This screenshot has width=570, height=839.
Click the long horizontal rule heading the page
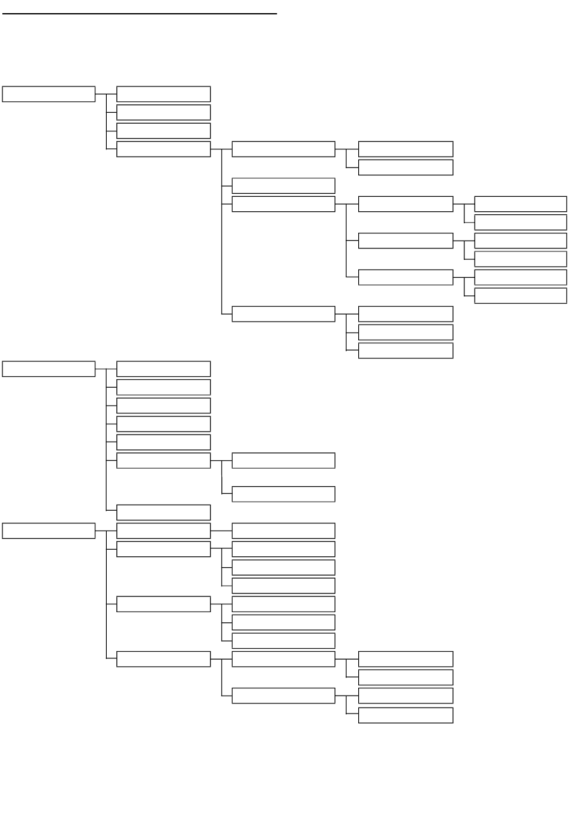(x=139, y=13)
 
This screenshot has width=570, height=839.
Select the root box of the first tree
(x=49, y=94)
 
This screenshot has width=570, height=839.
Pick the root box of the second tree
(x=49, y=368)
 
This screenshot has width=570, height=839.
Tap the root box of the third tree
(x=49, y=531)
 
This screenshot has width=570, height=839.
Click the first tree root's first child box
(x=163, y=94)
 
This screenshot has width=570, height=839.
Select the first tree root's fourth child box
(x=163, y=149)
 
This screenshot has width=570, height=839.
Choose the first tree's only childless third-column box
(x=283, y=185)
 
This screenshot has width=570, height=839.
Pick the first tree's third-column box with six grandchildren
(x=283, y=204)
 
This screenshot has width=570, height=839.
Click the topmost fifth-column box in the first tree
(x=520, y=204)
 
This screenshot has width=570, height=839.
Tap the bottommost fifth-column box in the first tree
(x=520, y=296)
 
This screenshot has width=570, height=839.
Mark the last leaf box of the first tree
(x=406, y=350)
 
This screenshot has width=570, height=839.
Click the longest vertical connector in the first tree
(x=222, y=232)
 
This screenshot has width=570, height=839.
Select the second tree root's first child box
(x=163, y=368)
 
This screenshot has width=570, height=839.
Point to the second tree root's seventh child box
(x=163, y=513)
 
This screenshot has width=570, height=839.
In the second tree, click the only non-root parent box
(x=163, y=461)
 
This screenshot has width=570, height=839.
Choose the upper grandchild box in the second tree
(x=283, y=461)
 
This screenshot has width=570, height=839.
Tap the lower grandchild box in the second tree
(x=283, y=494)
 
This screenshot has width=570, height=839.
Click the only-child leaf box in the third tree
(x=283, y=531)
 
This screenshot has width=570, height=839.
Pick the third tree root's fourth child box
(x=163, y=659)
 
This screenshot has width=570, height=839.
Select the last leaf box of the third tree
(x=406, y=715)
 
